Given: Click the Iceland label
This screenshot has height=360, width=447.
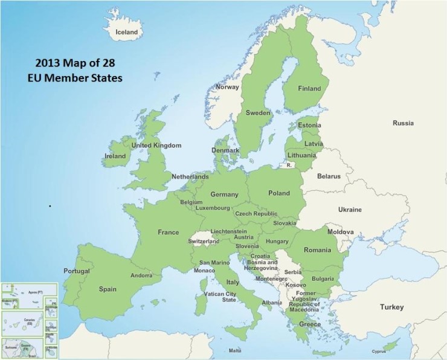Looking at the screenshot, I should point(127,32).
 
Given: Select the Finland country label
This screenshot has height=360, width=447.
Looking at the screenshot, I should point(309,88).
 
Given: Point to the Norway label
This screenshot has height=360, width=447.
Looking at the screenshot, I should point(228,87).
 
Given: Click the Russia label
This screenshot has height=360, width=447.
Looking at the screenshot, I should point(403,123).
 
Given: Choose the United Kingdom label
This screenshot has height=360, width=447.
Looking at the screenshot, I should point(156,146).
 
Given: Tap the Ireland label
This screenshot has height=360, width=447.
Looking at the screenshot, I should point(114,156).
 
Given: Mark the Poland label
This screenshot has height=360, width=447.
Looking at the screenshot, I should point(279,193).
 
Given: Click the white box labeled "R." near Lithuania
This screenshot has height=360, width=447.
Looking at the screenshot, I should point(290,164).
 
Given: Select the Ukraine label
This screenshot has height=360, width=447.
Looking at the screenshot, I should point(350,210).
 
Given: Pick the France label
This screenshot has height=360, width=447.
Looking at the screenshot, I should point(168,233).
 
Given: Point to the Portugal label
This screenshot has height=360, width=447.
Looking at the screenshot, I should point(77,271).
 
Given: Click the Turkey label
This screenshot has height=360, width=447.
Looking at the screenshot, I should point(391,307).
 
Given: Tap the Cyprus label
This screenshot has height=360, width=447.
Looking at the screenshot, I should point(378,351).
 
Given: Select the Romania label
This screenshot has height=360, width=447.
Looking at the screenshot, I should point(318,250).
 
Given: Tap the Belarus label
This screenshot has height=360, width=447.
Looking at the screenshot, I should point(329,176).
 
